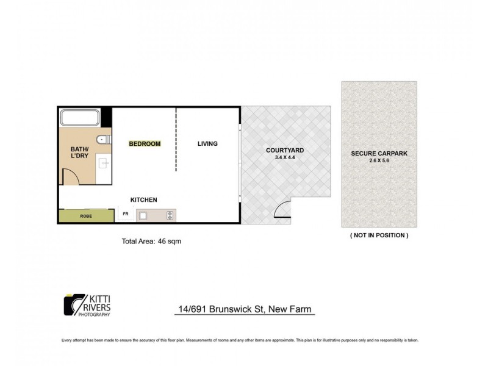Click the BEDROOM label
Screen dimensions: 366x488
coord(145,144)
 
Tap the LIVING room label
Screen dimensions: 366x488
coord(207,144)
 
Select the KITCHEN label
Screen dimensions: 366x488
coord(144,200)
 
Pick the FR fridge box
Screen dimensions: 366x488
coord(126,214)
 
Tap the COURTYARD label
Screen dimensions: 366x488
coord(285,149)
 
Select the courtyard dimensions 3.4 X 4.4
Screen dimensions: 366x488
coord(285,158)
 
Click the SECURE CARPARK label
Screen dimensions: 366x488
coord(379,153)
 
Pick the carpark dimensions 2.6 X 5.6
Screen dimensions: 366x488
coord(379,162)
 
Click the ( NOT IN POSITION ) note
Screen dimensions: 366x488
coord(379,235)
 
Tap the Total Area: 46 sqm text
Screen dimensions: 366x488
coord(152,241)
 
